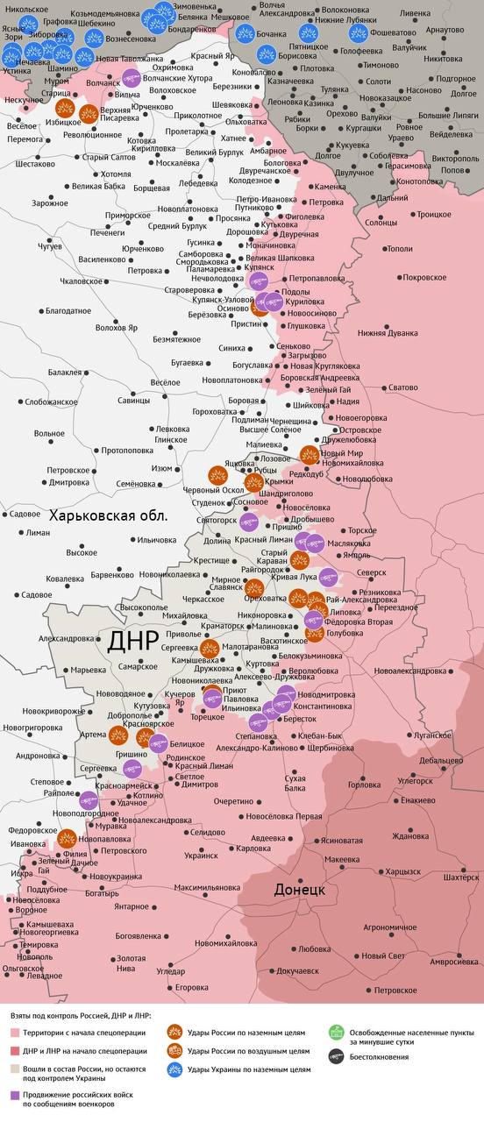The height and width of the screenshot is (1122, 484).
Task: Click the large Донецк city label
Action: click(299, 889)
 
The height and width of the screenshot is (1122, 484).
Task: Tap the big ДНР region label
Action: click(133, 642)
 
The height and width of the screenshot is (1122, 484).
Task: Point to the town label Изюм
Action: click(162, 468)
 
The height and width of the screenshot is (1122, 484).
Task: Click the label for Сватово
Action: click(403, 387)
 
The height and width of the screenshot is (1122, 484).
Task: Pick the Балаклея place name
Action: click(64, 372)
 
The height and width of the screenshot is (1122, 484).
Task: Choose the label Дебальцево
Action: click(441, 760)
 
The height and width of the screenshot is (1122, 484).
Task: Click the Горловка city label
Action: click(366, 785)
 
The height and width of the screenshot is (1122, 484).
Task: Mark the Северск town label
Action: click(370, 572)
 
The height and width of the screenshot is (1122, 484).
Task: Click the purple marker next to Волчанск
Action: click(131, 77)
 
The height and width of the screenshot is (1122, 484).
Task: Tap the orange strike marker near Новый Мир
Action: click(309, 454)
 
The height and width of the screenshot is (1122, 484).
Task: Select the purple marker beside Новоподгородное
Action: click(88, 799)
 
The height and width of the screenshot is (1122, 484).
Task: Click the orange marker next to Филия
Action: click(67, 838)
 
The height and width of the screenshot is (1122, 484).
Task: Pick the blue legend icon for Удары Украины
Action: click(174, 1069)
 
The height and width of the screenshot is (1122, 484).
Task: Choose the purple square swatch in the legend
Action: click(15, 1095)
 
